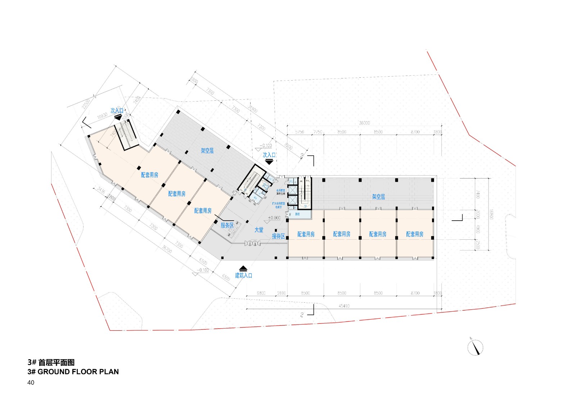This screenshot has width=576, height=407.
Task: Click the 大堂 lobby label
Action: pyautogui.click(x=259, y=230)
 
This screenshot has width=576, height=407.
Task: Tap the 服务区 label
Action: pyautogui.click(x=227, y=225)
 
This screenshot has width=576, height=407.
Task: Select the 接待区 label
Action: pyautogui.click(x=278, y=236)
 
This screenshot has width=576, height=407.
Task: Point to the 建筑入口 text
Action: pyautogui.click(x=244, y=275)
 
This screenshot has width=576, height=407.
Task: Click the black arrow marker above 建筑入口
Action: pyautogui.click(x=243, y=268)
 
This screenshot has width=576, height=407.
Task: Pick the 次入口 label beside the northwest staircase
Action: pyautogui.click(x=117, y=110)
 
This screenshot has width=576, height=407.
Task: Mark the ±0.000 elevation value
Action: pyautogui.click(x=274, y=218)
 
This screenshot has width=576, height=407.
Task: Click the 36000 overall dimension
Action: pyautogui.click(x=364, y=123)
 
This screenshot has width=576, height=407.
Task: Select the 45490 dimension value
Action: pyautogui.click(x=344, y=306)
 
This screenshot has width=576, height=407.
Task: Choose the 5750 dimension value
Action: pyautogui.click(x=300, y=132)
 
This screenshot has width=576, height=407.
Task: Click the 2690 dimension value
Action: pyautogui.click(x=281, y=293)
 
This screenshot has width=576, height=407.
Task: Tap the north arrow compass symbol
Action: pyautogui.click(x=475, y=347)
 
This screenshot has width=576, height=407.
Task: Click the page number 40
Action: pyautogui.click(x=31, y=383)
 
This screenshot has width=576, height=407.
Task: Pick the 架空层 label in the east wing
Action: pyautogui.click(x=378, y=197)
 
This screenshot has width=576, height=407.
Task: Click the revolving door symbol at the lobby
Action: pyautogui.click(x=252, y=244)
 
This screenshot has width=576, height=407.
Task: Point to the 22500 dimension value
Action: pyautogui.click(x=86, y=104)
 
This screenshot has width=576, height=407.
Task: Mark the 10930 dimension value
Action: pyautogui.click(x=103, y=116)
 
